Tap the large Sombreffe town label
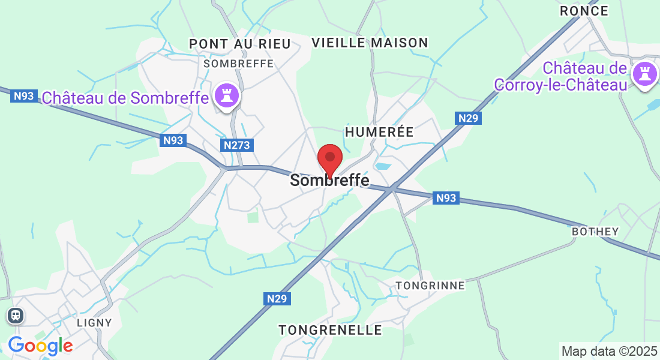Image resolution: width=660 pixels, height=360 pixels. point(329,180)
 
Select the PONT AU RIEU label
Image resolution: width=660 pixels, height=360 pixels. point(239,44)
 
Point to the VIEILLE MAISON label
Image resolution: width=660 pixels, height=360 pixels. point(370,43)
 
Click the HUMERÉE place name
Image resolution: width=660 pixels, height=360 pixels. point(379,132)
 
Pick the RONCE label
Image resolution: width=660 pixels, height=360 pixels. point(584,11)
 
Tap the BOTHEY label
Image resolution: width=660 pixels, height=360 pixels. point(595,231)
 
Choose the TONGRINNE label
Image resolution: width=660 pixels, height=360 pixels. point(430,286)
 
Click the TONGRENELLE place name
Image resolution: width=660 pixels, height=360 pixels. point(330,330)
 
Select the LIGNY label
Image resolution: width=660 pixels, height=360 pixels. point(95,322)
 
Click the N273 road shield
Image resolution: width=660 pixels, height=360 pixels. point(236,145)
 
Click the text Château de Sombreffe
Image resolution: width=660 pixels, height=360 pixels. point(125,97)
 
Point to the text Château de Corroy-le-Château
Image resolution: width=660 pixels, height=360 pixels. point(560,76)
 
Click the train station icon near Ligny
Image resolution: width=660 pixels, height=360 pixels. point(15,315)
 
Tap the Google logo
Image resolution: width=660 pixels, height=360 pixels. point(40,346)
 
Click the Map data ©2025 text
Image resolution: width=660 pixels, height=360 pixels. point(608,351)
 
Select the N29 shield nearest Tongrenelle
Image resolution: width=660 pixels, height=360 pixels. point(277,298)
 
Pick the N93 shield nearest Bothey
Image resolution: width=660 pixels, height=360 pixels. point(446,197)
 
